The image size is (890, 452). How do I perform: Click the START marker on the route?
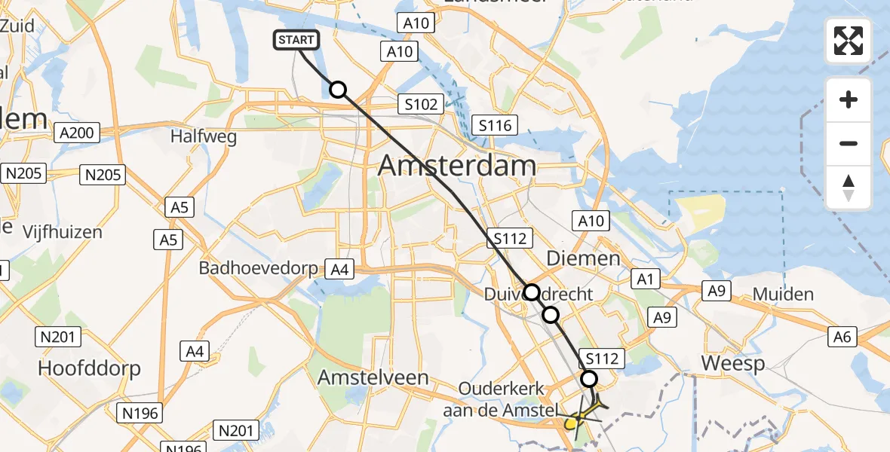click(297, 40)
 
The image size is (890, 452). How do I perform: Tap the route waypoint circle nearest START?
click(338, 90)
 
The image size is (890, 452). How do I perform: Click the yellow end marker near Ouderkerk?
click(572, 423)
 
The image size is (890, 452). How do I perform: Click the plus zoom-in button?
click(849, 99)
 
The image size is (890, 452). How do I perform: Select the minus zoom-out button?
click(849, 143)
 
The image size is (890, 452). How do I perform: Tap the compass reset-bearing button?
click(849, 187)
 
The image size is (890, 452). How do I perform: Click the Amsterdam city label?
click(457, 165)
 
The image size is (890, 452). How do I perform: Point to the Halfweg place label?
click(204, 137)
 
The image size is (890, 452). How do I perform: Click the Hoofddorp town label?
click(90, 368)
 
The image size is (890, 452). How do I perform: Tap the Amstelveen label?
click(373, 377)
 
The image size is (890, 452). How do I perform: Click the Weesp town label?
click(732, 363)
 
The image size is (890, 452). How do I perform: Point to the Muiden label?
click(784, 295)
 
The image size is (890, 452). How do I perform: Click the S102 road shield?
click(421, 104)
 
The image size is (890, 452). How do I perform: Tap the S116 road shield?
click(495, 125)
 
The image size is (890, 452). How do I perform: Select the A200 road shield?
click(75, 133)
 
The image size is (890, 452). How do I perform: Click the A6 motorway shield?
click(842, 337)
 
